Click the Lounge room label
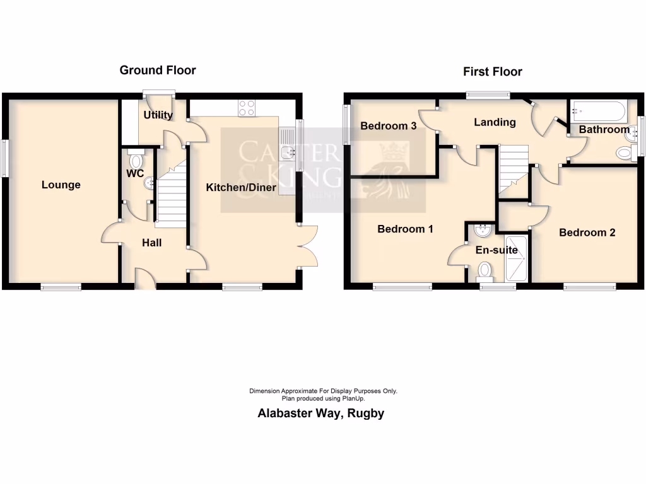[x=61, y=185]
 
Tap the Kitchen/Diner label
[x=242, y=187]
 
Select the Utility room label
[x=158, y=115]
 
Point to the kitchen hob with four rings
[x=246, y=109]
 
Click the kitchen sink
[x=290, y=151]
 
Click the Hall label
[x=151, y=242]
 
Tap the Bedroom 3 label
[x=388, y=126]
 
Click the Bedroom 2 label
[x=587, y=233]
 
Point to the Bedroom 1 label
[x=405, y=229]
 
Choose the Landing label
[x=495, y=122]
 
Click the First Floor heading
[x=493, y=72]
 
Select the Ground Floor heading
[x=158, y=71]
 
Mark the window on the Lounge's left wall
[x=5, y=158]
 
